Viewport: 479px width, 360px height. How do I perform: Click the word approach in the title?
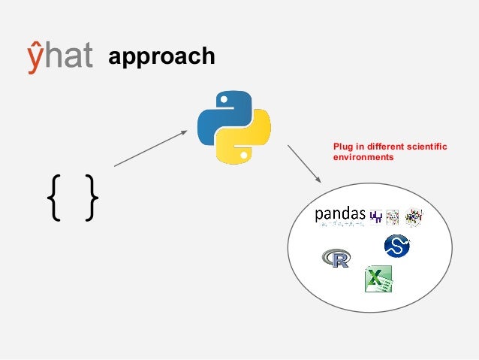[161, 56]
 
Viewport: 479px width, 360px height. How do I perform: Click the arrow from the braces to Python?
[150, 148]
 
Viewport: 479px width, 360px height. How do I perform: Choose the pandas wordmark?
[339, 216]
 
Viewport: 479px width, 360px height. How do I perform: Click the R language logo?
[336, 259]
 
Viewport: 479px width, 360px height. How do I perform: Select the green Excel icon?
[378, 280]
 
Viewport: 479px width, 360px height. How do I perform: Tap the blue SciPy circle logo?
[396, 246]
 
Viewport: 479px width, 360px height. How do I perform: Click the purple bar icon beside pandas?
[375, 216]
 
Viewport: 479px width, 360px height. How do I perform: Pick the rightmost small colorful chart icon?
[413, 216]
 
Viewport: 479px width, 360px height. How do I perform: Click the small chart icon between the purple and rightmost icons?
[392, 216]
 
